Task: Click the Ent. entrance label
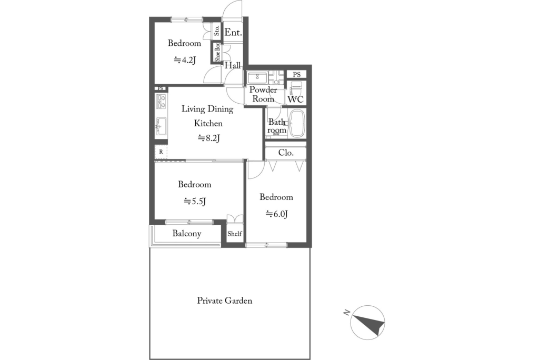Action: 233,33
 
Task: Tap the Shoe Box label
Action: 217,52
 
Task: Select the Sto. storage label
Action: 217,31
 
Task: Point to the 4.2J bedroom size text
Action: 185,60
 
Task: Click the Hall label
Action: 233,65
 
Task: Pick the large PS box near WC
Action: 297,74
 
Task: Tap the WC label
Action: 296,99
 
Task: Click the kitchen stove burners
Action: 161,101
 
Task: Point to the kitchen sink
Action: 161,126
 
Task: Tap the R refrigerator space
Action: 161,152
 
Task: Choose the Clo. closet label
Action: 286,153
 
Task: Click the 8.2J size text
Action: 208,138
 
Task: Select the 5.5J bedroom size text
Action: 195,201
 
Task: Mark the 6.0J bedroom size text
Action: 276,214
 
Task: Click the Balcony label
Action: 187,234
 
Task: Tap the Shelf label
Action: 235,234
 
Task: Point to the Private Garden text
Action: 224,301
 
